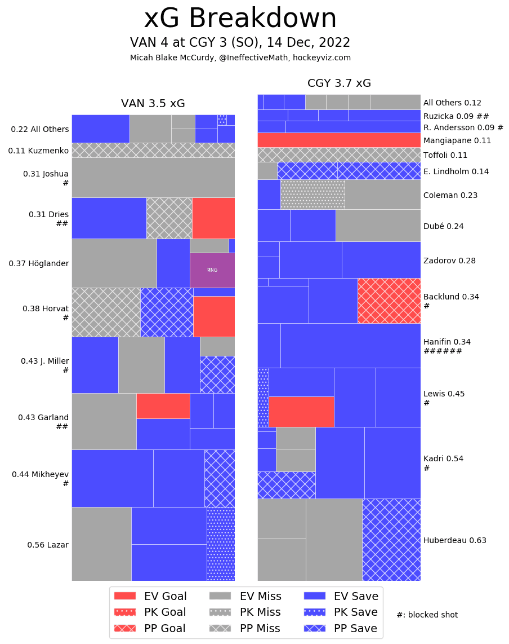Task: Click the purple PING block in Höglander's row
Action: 212,270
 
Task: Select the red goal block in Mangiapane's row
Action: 339,140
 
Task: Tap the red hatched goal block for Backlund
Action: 389,301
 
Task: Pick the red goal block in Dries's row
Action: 213,218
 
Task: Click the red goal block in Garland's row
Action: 163,405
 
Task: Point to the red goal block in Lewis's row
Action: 301,412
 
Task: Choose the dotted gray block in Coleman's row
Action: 312,195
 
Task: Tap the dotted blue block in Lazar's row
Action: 221,544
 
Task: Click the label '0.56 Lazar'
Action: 48,545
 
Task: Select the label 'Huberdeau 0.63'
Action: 454,540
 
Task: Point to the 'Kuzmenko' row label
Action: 38,151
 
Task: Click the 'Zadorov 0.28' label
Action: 449,261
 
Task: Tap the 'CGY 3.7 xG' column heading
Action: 339,83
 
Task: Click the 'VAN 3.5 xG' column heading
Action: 153,104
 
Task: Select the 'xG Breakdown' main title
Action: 240,19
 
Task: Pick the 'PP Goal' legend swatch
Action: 125,628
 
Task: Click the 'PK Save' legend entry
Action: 341,612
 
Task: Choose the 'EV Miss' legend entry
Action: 245,596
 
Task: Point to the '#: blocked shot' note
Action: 427,615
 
